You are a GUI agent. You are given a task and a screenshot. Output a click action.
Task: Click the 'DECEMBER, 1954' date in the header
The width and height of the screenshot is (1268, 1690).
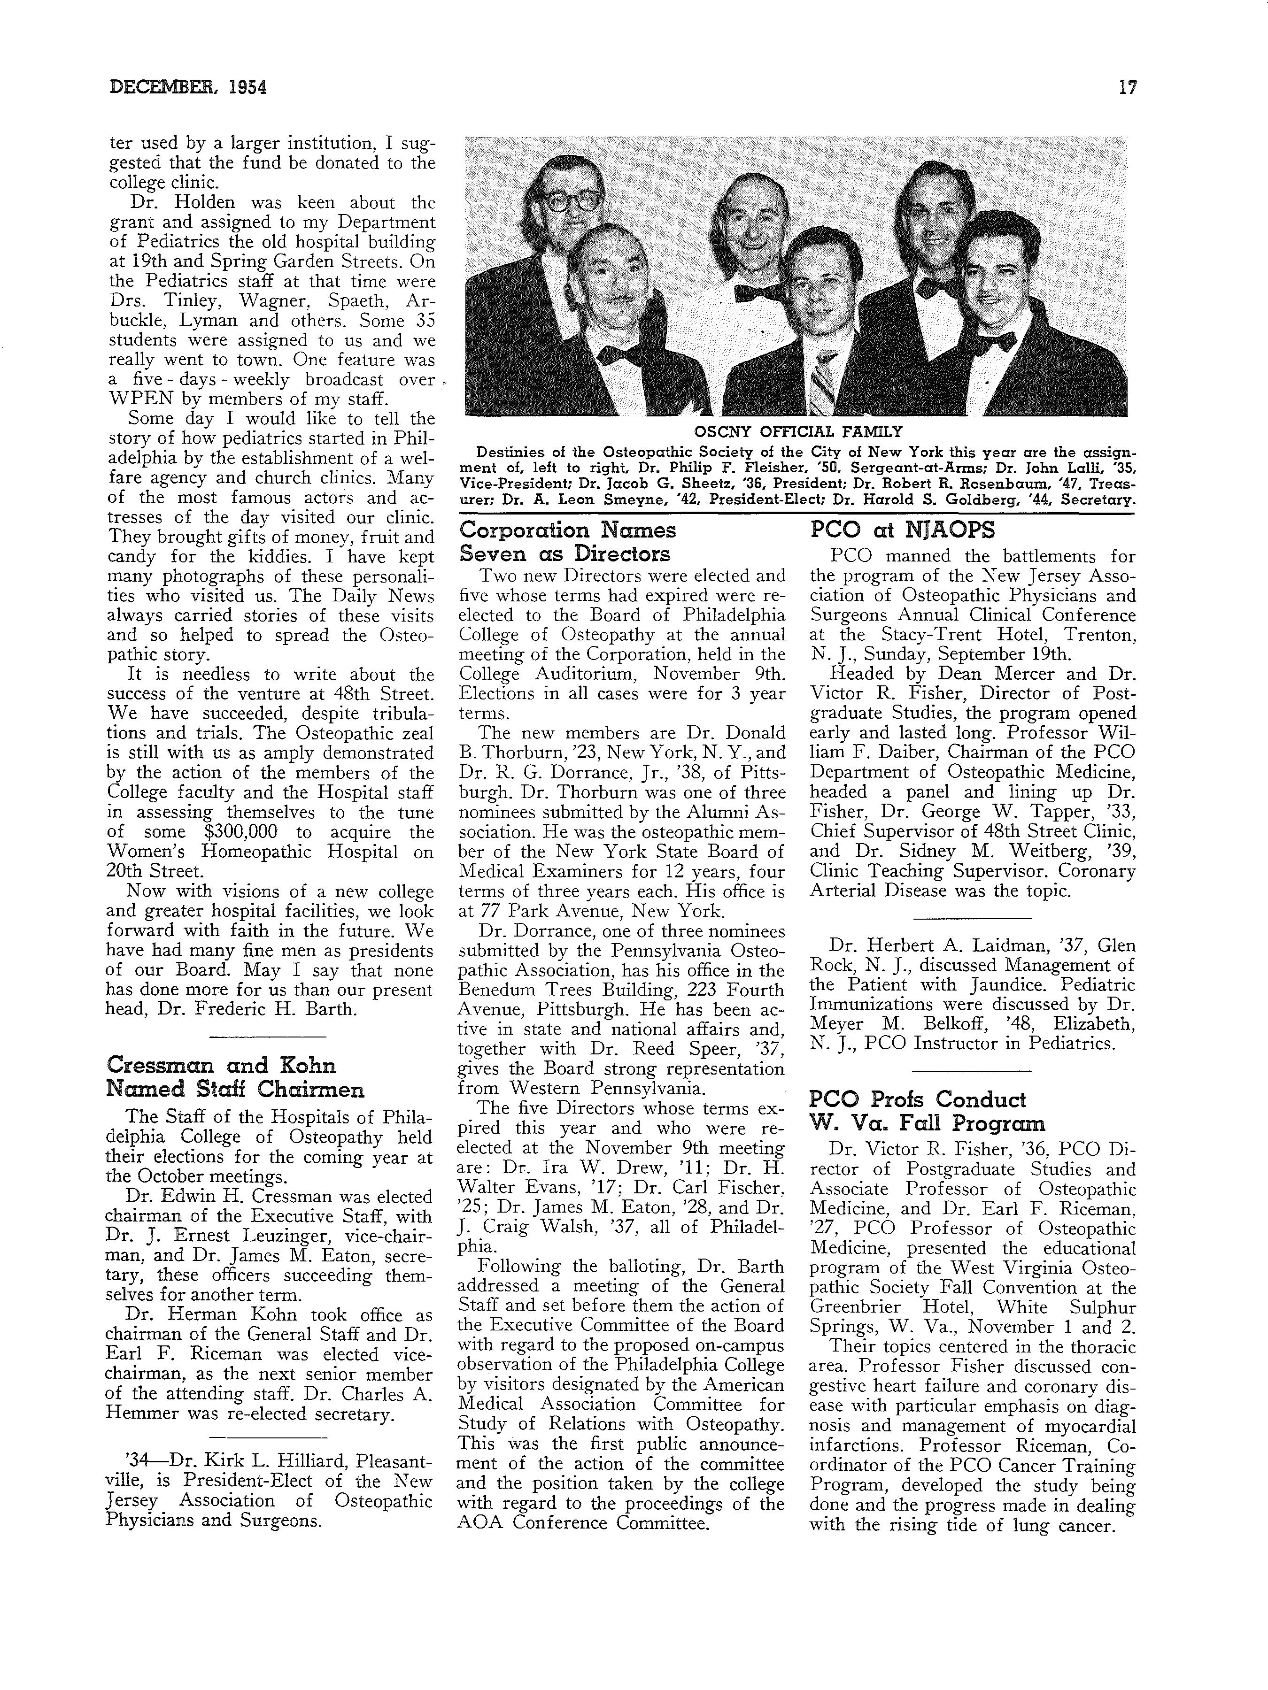[x=188, y=88]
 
